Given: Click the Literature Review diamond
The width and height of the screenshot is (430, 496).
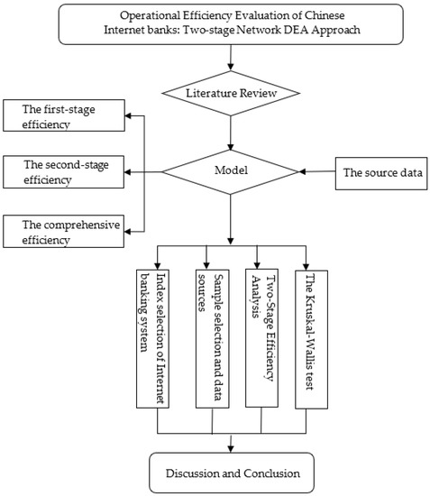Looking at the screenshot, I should (x=230, y=93).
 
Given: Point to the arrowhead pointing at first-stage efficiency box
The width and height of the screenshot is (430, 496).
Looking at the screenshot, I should (x=129, y=117).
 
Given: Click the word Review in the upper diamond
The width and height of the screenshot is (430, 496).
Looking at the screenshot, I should (x=257, y=93).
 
